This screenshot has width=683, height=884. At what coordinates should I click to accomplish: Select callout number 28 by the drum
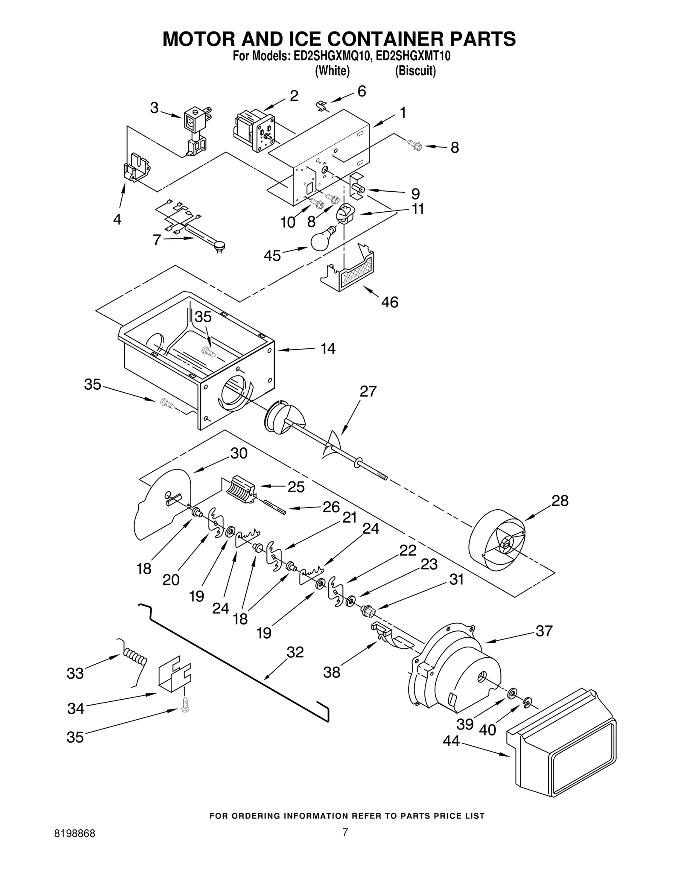click(560, 500)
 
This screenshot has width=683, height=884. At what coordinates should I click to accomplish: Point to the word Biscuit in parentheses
click(415, 70)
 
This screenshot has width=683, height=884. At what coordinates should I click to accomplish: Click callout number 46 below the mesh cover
click(389, 302)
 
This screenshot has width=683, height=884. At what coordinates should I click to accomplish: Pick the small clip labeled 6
click(324, 105)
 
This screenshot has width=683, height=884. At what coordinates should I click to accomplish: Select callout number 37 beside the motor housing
click(544, 630)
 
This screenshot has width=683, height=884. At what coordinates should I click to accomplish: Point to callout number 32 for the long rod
click(295, 652)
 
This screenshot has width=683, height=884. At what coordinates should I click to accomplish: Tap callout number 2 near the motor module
click(294, 96)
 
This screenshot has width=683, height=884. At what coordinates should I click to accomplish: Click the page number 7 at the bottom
click(345, 855)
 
